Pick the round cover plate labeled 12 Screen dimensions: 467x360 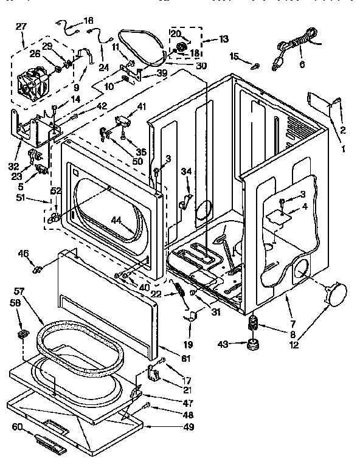click(336, 294)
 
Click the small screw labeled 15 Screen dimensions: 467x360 click(256, 65)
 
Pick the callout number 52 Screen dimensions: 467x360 click(55, 191)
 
